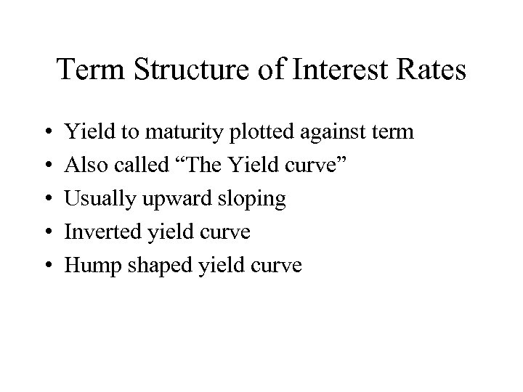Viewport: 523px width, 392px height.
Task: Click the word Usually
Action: [95, 199]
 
